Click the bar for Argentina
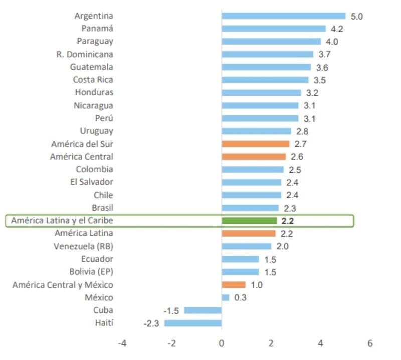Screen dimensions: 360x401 click(284, 16)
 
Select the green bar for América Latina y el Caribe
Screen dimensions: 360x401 click(249, 220)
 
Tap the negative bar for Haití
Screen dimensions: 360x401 click(193, 323)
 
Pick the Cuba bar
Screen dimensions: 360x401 click(203, 310)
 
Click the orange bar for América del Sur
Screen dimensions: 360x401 click(256, 144)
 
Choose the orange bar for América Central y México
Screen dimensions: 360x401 click(234, 285)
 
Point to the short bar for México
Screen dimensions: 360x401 click(226, 297)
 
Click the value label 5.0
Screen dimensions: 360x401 click(356, 16)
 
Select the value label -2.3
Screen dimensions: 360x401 click(151, 323)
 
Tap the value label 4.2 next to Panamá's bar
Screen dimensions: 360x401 click(337, 29)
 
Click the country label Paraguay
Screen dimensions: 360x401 click(95, 41)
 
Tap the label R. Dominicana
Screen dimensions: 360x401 click(85, 54)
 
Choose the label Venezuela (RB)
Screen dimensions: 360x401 click(83, 246)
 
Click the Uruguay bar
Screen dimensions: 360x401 click(256, 131)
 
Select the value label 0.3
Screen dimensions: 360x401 click(240, 298)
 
